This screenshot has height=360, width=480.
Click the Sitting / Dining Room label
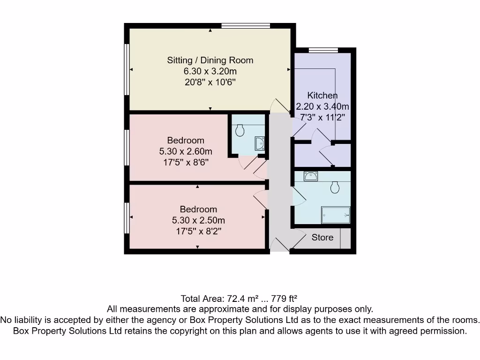210,60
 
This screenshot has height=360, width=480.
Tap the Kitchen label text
322,95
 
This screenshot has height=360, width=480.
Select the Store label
322,237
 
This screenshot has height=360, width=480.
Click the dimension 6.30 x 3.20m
210,72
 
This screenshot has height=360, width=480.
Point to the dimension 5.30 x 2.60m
186,151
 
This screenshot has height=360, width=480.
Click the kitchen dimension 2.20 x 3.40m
322,106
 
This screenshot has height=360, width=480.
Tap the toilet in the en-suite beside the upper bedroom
240,130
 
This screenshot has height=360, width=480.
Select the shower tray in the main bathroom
336,215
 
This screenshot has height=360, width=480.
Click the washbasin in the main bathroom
310,176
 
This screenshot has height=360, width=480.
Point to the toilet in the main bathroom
334,187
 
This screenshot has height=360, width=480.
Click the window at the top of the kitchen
323,50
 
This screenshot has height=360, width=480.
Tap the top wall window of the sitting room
246,26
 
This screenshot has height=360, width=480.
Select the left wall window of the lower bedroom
127,217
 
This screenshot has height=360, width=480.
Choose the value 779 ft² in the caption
285,299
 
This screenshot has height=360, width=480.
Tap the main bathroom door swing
300,197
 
